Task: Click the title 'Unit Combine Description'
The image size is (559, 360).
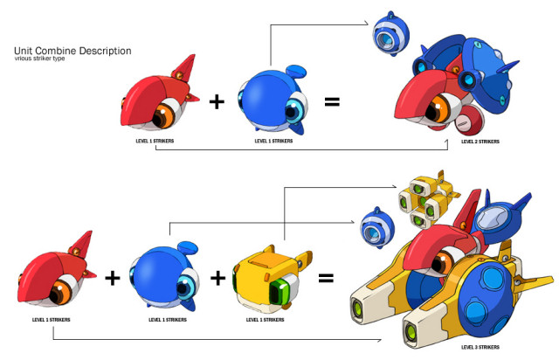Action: pyautogui.click(x=72, y=51)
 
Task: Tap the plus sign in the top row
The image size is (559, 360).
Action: pyautogui.click(x=217, y=102)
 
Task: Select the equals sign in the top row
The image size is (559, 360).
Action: pyautogui.click(x=333, y=102)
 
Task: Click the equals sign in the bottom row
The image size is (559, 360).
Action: pyautogui.click(x=326, y=279)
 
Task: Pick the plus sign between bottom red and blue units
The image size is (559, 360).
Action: pyautogui.click(x=112, y=279)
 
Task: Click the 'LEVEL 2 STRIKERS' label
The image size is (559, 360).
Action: pyautogui.click(x=480, y=140)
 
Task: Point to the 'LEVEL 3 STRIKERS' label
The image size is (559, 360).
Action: pyautogui.click(x=480, y=346)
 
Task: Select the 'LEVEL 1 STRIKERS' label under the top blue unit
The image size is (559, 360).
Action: pyautogui.click(x=273, y=140)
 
